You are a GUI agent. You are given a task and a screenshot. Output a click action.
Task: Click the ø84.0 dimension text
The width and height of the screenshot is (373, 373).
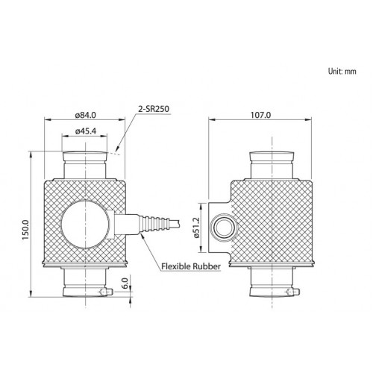[x=85, y=115]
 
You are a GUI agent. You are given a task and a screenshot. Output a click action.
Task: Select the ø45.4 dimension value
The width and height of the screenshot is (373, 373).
[x=86, y=131]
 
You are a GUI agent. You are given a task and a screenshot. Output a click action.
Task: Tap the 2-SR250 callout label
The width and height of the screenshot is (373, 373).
[x=154, y=109]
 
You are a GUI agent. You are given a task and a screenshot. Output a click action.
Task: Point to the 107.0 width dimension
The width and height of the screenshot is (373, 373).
[x=260, y=115]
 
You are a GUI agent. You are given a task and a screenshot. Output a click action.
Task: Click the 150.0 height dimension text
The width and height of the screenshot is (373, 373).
[x=25, y=230]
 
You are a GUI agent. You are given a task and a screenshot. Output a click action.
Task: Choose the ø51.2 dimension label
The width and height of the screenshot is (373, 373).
[x=196, y=228]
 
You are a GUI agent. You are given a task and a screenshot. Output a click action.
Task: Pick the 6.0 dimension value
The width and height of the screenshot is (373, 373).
[x=125, y=283]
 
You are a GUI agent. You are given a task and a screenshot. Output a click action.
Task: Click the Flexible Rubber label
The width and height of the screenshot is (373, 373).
[x=191, y=266]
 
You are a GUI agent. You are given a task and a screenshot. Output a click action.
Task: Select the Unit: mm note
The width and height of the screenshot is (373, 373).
[x=342, y=72]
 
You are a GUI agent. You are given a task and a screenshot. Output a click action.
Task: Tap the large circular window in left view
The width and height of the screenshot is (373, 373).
[x=85, y=224]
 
